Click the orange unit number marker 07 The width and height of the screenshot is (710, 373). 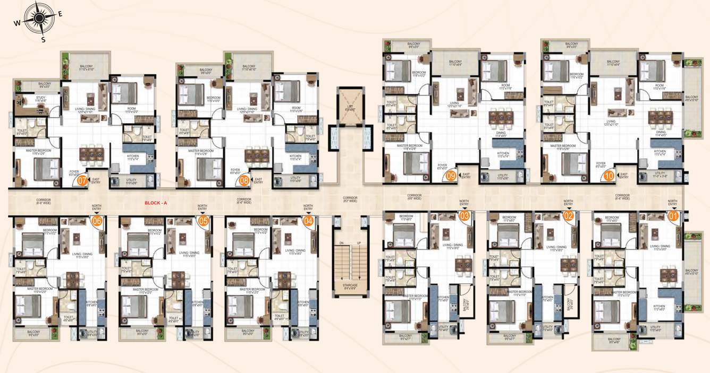[x=82, y=180]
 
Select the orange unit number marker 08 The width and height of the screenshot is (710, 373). [x=244, y=180]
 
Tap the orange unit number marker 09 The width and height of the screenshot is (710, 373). [x=451, y=176]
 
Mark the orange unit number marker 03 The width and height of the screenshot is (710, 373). [x=464, y=216]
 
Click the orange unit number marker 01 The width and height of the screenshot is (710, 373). [x=674, y=216]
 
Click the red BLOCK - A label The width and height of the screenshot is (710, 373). [x=156, y=203]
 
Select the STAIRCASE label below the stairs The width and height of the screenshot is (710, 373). [x=350, y=287]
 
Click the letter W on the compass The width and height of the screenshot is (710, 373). [x=17, y=23]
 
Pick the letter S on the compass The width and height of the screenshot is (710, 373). [x=44, y=39]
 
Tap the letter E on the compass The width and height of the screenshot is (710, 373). [x=60, y=14]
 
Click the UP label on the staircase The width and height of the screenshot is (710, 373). [x=359, y=244]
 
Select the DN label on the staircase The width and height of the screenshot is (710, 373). [x=341, y=244]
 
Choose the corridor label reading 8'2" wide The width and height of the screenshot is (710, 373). [x=350, y=199]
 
